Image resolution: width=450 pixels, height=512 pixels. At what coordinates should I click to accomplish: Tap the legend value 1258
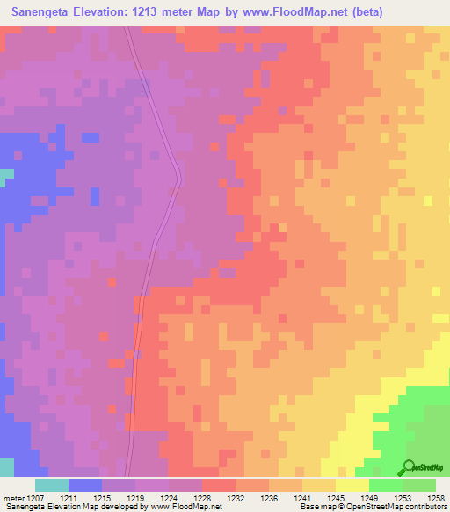coord(437,497)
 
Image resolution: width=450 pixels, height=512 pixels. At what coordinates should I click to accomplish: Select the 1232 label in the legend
coord(236,497)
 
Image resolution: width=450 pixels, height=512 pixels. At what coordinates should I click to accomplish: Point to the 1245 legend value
coord(335,497)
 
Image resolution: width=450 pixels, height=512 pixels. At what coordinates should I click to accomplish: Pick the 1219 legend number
coord(134,497)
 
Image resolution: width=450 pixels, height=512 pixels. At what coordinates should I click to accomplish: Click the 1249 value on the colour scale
coord(368,497)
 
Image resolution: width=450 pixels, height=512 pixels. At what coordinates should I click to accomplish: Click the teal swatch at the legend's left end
coord(51,485)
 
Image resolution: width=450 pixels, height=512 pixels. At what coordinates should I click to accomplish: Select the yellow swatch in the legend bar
coord(352,485)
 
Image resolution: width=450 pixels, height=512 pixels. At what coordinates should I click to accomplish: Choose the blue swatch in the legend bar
coord(84,485)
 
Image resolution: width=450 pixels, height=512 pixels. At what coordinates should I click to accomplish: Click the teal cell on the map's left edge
coord(6,175)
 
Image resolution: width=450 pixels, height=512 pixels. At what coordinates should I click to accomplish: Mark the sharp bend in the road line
coord(179,179)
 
